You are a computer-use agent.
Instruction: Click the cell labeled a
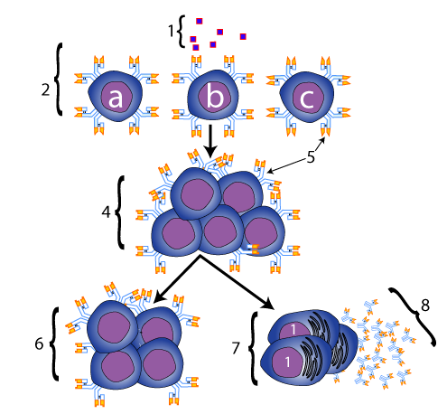point(116,97)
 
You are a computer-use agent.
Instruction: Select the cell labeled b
point(213,95)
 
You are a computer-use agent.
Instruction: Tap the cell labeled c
point(307,97)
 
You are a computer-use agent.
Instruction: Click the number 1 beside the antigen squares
point(171,31)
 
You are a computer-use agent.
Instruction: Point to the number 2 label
point(45,89)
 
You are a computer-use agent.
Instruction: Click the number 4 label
point(106,212)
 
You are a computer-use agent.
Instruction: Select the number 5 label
point(311,156)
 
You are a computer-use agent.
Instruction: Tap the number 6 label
point(39,343)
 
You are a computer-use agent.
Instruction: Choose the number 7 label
point(236,348)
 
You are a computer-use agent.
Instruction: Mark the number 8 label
point(425,306)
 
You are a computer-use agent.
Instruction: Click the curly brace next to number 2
point(58,79)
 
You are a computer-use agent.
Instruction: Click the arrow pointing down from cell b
point(210,141)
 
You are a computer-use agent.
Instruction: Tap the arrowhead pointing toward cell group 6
point(161,296)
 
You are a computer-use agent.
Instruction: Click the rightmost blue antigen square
point(243,36)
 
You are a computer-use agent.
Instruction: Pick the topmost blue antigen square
point(199,21)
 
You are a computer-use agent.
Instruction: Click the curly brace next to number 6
point(54,343)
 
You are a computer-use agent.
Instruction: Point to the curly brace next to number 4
point(120,212)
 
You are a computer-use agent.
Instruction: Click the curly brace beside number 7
point(253,348)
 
